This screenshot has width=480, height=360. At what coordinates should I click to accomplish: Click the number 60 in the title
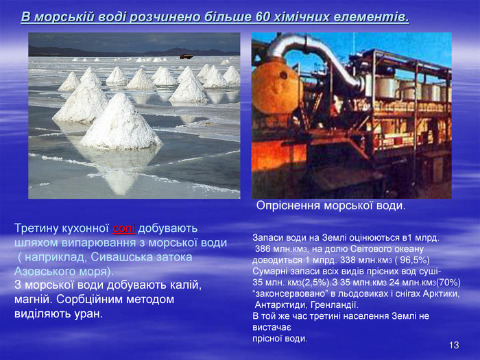[x=262, y=17]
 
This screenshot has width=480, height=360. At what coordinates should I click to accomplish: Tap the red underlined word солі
[x=123, y=228]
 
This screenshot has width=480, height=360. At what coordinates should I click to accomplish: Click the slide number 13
[x=454, y=346]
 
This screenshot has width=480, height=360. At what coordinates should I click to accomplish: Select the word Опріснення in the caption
[x=289, y=206]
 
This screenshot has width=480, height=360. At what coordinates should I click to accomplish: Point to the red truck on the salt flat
[x=187, y=57]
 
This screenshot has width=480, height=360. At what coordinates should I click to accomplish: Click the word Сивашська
[x=122, y=257]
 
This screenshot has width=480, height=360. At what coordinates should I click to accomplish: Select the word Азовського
[x=43, y=272]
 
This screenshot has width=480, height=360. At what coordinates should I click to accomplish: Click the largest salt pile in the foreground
[x=120, y=122]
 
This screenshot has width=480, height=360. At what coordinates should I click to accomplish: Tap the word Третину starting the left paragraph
[x=36, y=228]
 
